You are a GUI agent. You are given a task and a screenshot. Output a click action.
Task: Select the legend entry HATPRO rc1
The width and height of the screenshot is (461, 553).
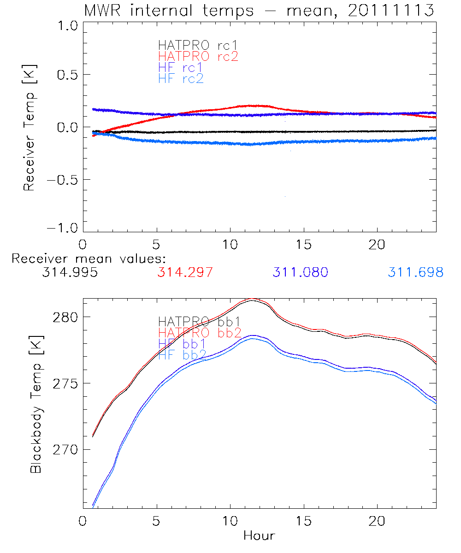pos(193,45)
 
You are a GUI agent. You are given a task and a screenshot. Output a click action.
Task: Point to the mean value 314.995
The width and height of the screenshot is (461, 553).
pos(70,272)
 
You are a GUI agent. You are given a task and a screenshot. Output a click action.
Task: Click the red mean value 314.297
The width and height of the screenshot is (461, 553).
pos(185,272)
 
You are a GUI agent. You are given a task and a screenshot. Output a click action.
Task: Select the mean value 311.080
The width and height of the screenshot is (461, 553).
pos(300,272)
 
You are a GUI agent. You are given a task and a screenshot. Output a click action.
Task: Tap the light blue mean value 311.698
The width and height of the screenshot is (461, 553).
pos(415,272)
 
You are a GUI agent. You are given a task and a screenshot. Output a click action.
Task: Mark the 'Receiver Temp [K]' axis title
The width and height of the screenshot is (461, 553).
pos(29,127)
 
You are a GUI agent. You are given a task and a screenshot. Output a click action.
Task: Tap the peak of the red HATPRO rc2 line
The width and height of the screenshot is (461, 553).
pos(249,106)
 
